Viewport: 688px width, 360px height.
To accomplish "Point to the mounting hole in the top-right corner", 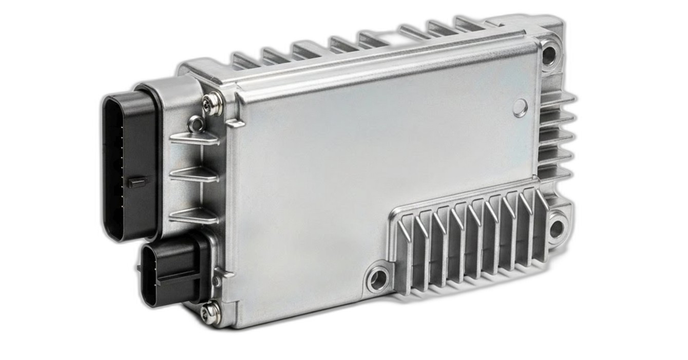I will (x=549, y=53).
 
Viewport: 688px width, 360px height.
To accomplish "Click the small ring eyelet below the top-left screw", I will (x=195, y=123).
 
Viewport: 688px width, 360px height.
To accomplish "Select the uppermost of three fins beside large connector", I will (x=194, y=138).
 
